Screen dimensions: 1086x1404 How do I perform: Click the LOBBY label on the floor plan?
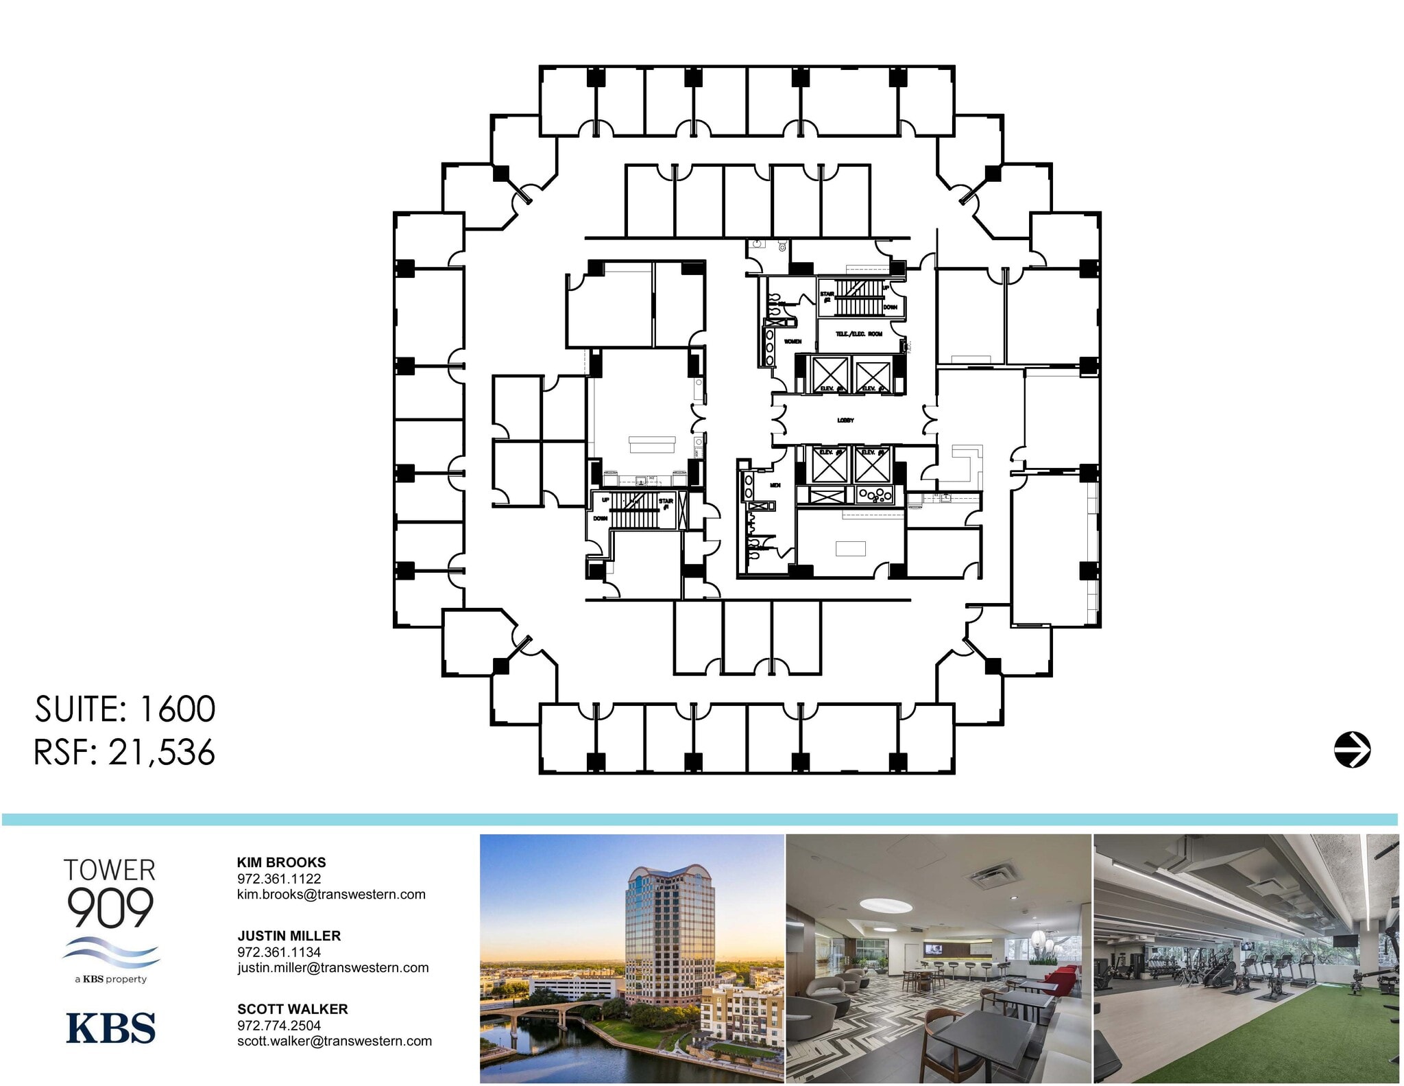(845, 420)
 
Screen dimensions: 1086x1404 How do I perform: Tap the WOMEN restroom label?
(792, 341)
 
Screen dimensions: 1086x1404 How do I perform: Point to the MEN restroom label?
(775, 485)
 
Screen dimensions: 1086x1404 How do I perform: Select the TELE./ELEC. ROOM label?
(858, 333)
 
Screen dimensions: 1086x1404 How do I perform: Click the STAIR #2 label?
(827, 296)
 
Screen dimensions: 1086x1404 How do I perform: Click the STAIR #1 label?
(665, 504)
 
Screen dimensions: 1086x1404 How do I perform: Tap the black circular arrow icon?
(1352, 749)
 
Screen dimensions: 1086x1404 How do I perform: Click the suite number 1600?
(178, 709)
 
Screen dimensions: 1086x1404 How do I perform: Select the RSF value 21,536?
(162, 753)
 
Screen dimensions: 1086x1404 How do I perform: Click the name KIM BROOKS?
(281, 862)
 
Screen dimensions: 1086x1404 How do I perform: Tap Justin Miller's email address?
(332, 967)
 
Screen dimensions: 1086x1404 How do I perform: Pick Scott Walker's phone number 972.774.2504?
(279, 1025)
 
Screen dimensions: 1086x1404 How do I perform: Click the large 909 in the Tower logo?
(110, 907)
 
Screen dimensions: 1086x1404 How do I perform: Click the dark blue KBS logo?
(111, 1028)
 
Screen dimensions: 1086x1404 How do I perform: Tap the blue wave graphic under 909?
(111, 952)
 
